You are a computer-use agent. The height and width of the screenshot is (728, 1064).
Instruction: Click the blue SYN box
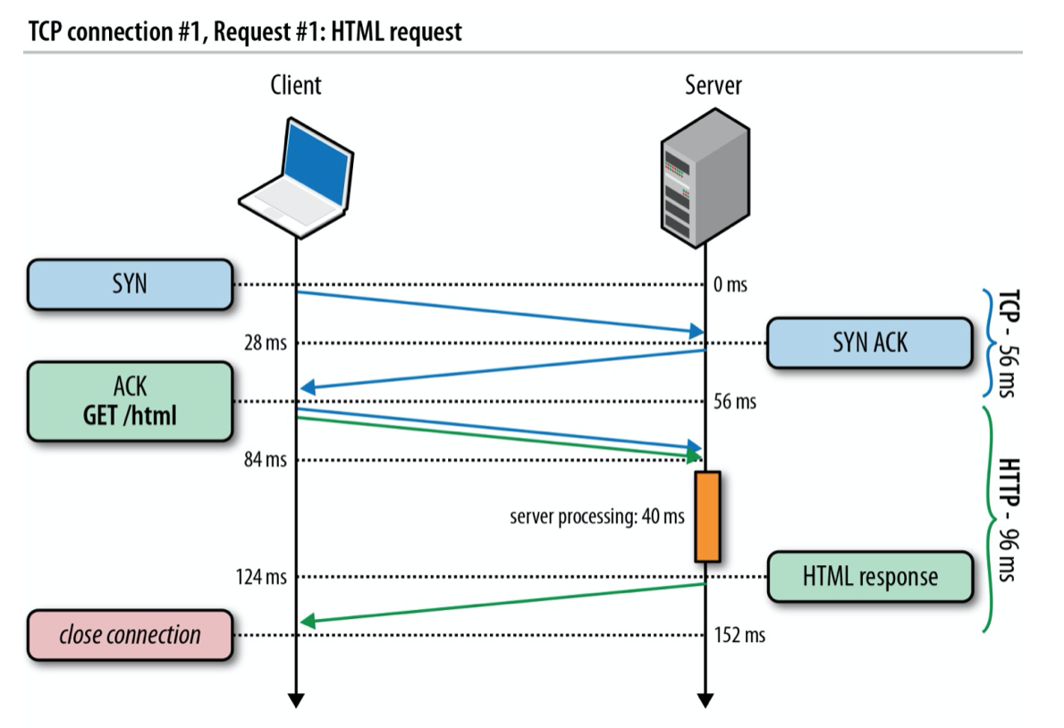[130, 285]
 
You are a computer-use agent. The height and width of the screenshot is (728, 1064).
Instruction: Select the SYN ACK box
[869, 343]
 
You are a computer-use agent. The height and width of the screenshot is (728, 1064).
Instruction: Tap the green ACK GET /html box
[130, 401]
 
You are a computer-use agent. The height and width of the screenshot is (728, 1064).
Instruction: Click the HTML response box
[869, 577]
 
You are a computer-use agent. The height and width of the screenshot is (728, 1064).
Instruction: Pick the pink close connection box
[130, 636]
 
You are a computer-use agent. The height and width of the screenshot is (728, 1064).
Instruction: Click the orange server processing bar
[707, 516]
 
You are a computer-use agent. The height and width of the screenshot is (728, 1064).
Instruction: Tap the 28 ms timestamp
[265, 343]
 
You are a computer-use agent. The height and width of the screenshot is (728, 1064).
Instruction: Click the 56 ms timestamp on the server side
[735, 402]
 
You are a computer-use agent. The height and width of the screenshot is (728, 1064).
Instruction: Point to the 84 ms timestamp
[265, 461]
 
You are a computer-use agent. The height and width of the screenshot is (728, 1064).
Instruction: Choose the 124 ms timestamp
[261, 577]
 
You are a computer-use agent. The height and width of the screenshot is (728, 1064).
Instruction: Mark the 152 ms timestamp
[739, 636]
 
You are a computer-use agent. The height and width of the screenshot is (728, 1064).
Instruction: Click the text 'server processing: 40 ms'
[597, 517]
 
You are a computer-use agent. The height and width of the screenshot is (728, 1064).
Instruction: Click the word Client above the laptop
[295, 86]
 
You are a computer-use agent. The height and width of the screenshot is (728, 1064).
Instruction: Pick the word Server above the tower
[713, 86]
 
